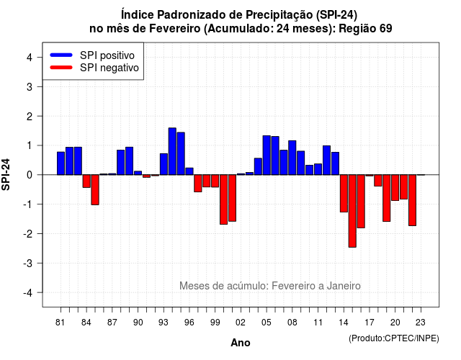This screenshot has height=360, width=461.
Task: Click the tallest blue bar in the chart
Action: click(172, 151)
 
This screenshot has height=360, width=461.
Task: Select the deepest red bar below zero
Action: click(352, 211)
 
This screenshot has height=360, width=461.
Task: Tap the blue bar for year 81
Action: click(61, 163)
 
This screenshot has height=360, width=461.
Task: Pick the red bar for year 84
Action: click(86, 181)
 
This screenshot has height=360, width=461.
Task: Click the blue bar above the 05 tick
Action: click(267, 156)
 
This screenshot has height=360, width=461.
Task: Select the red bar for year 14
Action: click(344, 194)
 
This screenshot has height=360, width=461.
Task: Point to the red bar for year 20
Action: click(395, 188)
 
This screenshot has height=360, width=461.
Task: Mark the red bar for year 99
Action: click(215, 181)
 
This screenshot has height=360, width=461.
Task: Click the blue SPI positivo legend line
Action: click(61, 55)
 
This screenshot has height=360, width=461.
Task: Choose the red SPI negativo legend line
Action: click(61, 67)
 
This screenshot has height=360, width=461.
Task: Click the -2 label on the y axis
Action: click(28, 233)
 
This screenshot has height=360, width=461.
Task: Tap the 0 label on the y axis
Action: click(30, 175)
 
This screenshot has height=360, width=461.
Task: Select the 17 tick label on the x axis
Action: click(370, 323)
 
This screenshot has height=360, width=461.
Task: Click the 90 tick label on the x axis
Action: click(138, 323)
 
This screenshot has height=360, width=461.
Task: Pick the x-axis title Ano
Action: click(241, 343)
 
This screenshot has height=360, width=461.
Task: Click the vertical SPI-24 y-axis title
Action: click(6, 174)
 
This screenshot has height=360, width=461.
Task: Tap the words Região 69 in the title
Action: click(365, 29)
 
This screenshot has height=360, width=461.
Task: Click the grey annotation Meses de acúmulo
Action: click(224, 286)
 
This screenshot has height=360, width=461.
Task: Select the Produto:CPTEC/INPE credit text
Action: click(394, 338)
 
